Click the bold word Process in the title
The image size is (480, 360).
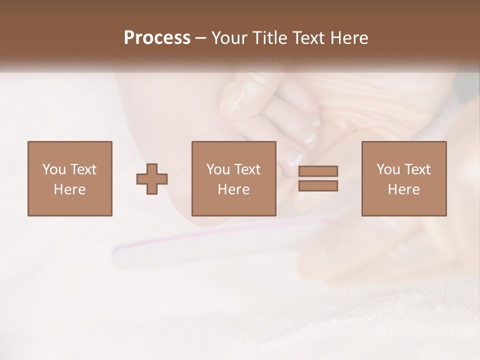pos(157,38)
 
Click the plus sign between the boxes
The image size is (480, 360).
pos(152,179)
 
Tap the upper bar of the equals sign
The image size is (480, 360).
pos(318,171)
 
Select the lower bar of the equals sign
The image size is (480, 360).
pos(318,186)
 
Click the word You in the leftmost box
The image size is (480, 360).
pos(53,169)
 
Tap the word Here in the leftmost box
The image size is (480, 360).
pos(69,189)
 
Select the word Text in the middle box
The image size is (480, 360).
pos(247,169)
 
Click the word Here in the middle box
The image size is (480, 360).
pos(233,189)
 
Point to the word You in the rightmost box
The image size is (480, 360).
pos(387,169)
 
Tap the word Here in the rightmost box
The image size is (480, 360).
pos(403,189)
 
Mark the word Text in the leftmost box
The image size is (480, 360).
pos(82,169)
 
